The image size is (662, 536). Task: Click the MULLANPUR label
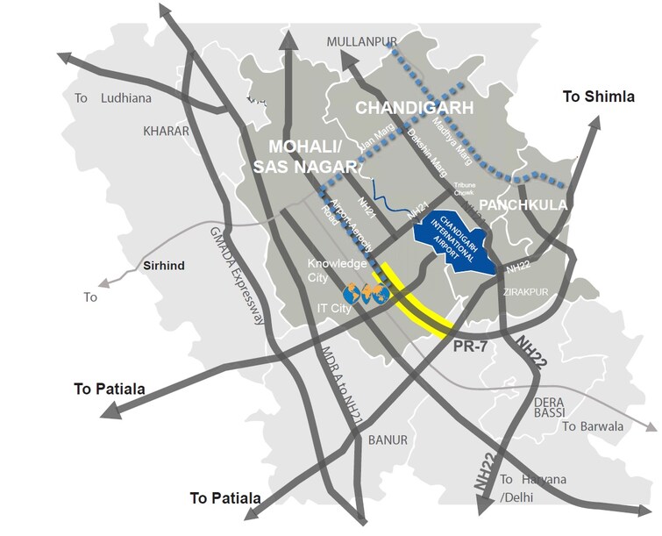[362, 41]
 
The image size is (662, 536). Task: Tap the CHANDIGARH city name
[414, 108]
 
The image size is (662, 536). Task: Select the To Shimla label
[598, 97]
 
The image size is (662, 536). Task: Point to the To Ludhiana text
[109, 98]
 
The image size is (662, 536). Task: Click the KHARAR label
[166, 131]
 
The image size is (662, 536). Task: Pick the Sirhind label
[164, 264]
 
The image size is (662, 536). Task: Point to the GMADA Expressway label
[237, 273]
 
